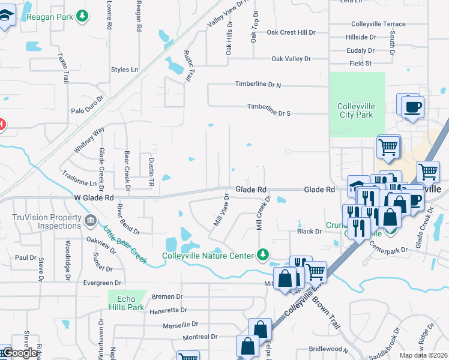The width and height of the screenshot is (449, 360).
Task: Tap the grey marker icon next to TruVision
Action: click(x=90, y=220)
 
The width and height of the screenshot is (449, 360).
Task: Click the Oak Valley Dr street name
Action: click(x=291, y=59)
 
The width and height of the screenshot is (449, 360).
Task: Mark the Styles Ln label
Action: click(x=124, y=70)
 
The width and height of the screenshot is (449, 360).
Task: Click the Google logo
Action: click(x=20, y=353)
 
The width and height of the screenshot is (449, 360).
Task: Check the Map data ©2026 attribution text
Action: click(x=424, y=355)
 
